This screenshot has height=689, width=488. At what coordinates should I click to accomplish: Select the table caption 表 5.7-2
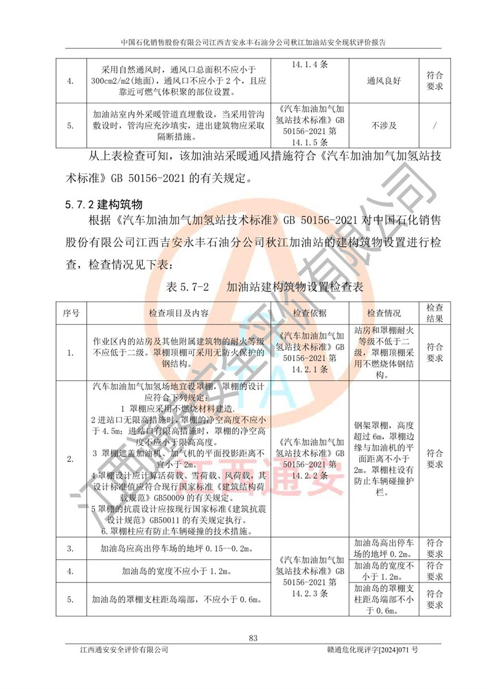[189, 287]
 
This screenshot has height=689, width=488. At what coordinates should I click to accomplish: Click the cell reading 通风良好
[384, 80]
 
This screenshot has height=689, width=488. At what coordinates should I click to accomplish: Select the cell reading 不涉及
[384, 125]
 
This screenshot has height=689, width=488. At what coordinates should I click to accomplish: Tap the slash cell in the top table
[435, 125]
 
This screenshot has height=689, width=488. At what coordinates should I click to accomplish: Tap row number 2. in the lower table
[71, 458]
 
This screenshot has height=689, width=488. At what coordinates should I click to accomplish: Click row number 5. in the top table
[71, 125]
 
